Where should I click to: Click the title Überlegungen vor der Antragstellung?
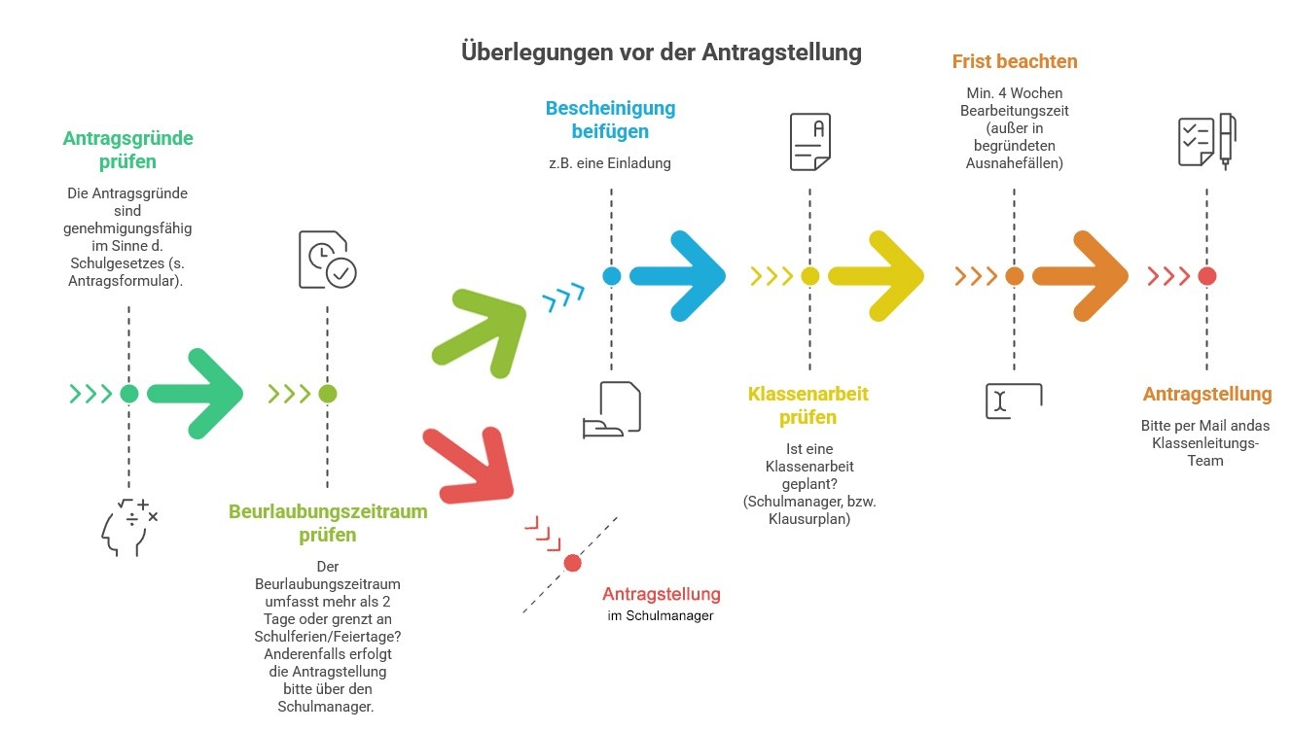[661, 52]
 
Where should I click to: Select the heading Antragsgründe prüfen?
[128, 149]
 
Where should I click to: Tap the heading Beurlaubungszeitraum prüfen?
[328, 523]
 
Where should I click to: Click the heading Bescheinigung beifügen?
[610, 120]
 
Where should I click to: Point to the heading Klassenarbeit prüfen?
[807, 405]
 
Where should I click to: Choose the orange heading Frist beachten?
[1014, 62]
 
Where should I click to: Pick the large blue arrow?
[681, 276]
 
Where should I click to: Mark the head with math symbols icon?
[128, 527]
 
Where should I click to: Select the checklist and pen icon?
[1206, 142]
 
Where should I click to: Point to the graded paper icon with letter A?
[809, 142]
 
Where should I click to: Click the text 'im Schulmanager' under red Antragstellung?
[660, 615]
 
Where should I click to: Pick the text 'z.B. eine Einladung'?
[610, 163]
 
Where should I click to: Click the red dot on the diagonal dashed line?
[573, 563]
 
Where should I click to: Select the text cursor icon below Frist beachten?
[1013, 401]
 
